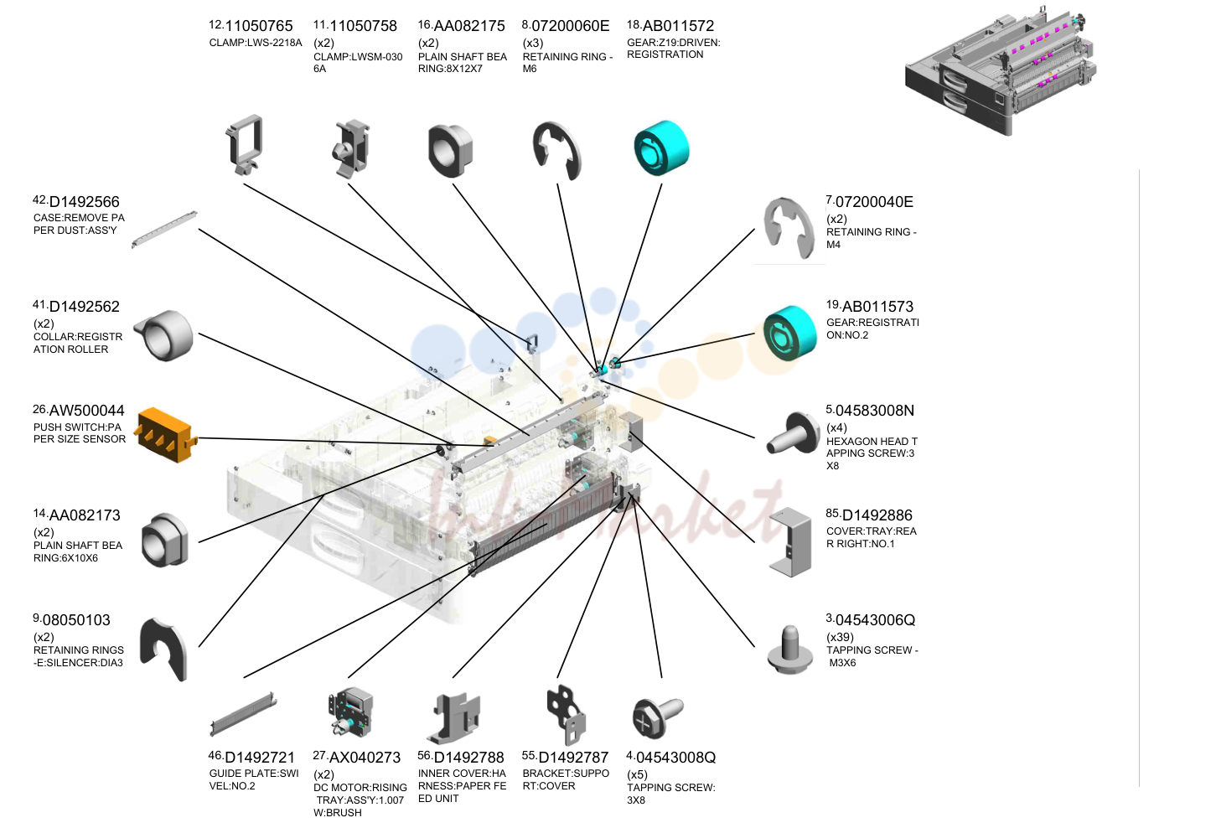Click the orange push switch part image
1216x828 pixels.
pos(167,435)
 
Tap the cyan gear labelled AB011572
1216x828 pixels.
pos(662,147)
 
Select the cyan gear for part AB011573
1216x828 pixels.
pos(790,334)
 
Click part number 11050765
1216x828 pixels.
pos(258,25)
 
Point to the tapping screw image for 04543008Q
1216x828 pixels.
pos(658,717)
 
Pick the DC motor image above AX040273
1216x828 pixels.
pos(350,712)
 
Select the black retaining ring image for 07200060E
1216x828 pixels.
pos(557,150)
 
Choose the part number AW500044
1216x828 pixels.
pos(87,411)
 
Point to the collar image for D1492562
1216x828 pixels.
pos(163,335)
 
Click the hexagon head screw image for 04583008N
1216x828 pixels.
pos(793,433)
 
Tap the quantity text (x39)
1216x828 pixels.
pos(840,637)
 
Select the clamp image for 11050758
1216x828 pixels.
pos(350,148)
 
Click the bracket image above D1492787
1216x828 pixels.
pos(567,715)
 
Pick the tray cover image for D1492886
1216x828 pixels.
pos(790,542)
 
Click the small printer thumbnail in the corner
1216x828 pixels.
pos(1001,70)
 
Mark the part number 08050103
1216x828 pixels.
pos(76,620)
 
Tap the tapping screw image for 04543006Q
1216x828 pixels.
pos(790,649)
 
